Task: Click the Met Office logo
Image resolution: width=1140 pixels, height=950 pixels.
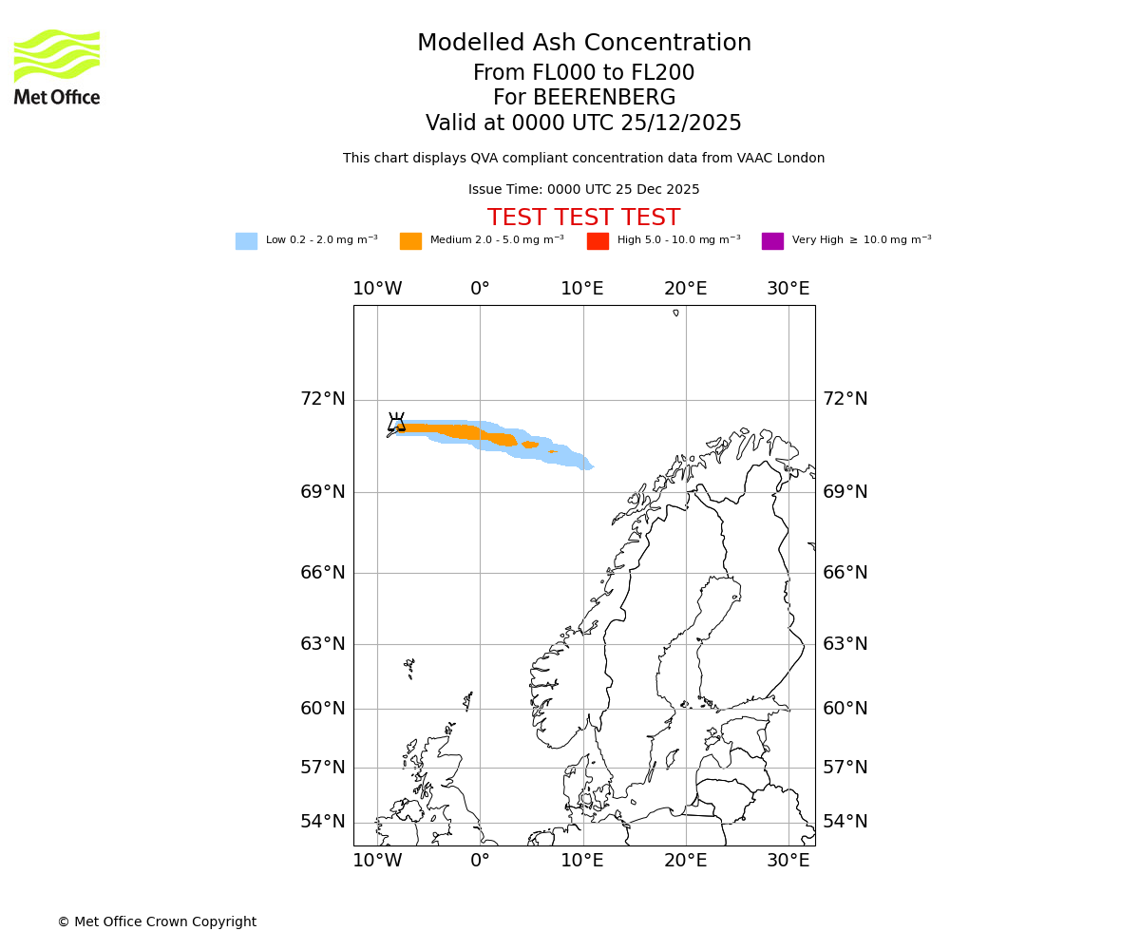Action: [x=57, y=66]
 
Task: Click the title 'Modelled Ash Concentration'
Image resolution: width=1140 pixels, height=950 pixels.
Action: [x=583, y=44]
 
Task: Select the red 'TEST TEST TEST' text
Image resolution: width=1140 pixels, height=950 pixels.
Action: [x=583, y=218]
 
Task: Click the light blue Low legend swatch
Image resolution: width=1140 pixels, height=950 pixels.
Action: [x=246, y=241]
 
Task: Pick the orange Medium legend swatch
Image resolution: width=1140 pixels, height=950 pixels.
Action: [x=410, y=241]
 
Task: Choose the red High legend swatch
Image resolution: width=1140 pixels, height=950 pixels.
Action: [x=598, y=241]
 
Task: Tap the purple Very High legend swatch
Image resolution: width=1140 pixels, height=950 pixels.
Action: [x=772, y=241]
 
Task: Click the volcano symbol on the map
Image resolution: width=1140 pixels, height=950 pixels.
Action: [x=396, y=422]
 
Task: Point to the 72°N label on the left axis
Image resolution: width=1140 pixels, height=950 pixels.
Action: [x=323, y=399]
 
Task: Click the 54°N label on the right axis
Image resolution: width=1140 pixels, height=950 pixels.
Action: [x=845, y=822]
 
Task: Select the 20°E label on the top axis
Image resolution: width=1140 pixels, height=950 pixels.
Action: [x=685, y=289]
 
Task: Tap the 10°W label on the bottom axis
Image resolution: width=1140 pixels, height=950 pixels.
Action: [x=377, y=861]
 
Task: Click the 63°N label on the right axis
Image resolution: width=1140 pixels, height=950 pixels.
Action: [x=845, y=644]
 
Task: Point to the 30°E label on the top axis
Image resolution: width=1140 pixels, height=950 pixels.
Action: [x=788, y=289]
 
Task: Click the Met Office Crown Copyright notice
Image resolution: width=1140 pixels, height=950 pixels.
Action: [x=157, y=921]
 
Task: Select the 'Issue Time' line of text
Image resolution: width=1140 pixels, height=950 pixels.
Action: [x=583, y=190]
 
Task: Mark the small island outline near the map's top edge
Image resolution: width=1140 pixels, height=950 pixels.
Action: [x=675, y=313]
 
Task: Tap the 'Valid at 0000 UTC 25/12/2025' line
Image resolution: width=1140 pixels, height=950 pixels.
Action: [x=583, y=123]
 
